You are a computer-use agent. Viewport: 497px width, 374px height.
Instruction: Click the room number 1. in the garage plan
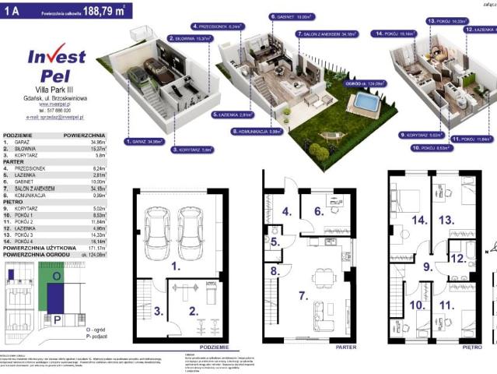(x=176, y=266)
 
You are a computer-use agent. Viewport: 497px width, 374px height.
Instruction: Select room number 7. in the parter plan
(x=300, y=296)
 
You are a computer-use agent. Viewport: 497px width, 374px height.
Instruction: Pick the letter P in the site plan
(x=57, y=319)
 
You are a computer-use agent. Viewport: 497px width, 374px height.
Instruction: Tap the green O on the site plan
(x=57, y=275)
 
